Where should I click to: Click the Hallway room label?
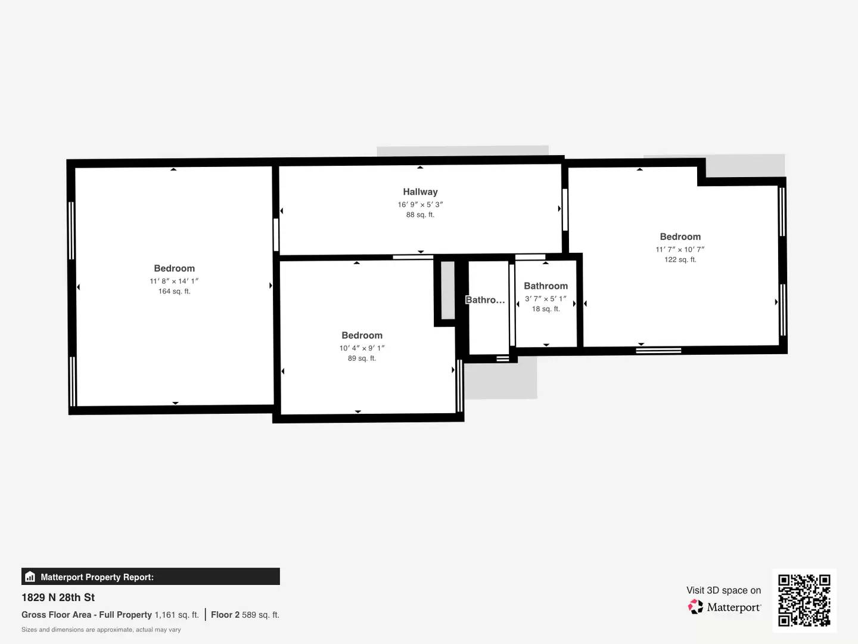(420, 192)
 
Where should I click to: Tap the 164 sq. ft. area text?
(174, 292)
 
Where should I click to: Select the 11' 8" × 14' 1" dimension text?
(174, 281)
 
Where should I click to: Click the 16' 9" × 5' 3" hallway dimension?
(420, 205)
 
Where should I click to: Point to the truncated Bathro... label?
(485, 300)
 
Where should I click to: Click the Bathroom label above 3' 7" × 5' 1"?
(546, 286)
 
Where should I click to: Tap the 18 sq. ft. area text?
(546, 309)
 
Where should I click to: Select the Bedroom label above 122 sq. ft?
(680, 237)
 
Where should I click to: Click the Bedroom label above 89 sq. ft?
(362, 336)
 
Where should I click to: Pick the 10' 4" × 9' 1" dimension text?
(362, 348)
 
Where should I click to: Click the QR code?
(804, 600)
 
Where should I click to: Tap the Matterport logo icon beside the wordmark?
(695, 607)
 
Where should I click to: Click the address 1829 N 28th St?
(58, 597)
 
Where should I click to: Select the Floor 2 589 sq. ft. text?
(245, 615)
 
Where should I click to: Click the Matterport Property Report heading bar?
(151, 577)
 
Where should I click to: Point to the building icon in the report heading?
(30, 577)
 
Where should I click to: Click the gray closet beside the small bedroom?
(447, 290)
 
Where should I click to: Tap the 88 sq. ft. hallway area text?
(420, 215)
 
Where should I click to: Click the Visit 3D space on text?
(723, 590)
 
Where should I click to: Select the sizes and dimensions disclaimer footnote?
(101, 630)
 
